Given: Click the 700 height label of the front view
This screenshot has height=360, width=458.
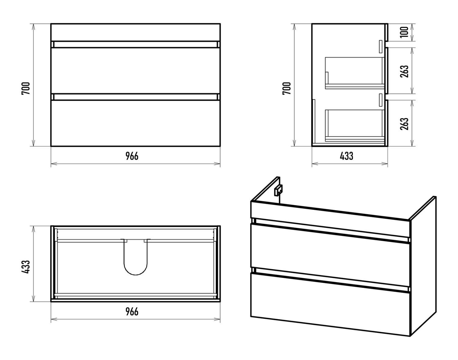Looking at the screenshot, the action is tap(26, 88).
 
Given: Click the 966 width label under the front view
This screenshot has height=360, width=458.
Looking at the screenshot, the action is tap(132, 156).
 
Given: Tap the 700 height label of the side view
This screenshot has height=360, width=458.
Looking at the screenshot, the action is tap(287, 88).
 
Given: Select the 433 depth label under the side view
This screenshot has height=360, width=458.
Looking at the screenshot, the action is tap(347, 156).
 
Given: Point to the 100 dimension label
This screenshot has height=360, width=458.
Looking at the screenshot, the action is tap(404, 32).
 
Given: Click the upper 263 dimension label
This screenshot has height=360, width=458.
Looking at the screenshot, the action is tap(404, 71).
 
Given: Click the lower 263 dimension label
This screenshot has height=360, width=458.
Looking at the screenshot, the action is tap(404, 124).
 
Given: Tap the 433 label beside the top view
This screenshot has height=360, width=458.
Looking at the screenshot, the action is tap(26, 267).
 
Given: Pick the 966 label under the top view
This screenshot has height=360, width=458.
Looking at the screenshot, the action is tap(132, 311).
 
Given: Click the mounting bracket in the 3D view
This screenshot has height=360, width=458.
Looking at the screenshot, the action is tap(278, 190).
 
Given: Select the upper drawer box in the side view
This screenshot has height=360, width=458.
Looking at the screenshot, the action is tap(355, 73).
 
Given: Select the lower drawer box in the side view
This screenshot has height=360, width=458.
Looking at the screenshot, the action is tap(355, 125).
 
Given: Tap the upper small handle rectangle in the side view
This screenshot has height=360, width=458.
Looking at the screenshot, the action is tap(381, 46).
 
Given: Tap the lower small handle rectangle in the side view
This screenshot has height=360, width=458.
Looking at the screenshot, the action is tap(381, 100).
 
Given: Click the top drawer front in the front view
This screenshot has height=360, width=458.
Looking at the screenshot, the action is tap(136, 70).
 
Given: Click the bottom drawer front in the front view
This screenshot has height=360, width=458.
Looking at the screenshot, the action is tap(136, 123).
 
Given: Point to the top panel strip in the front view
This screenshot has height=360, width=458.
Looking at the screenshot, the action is tap(136, 32).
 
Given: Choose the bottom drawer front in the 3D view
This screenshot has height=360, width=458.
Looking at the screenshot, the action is tap(330, 304).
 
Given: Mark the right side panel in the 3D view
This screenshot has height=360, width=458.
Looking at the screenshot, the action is tap(423, 266).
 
